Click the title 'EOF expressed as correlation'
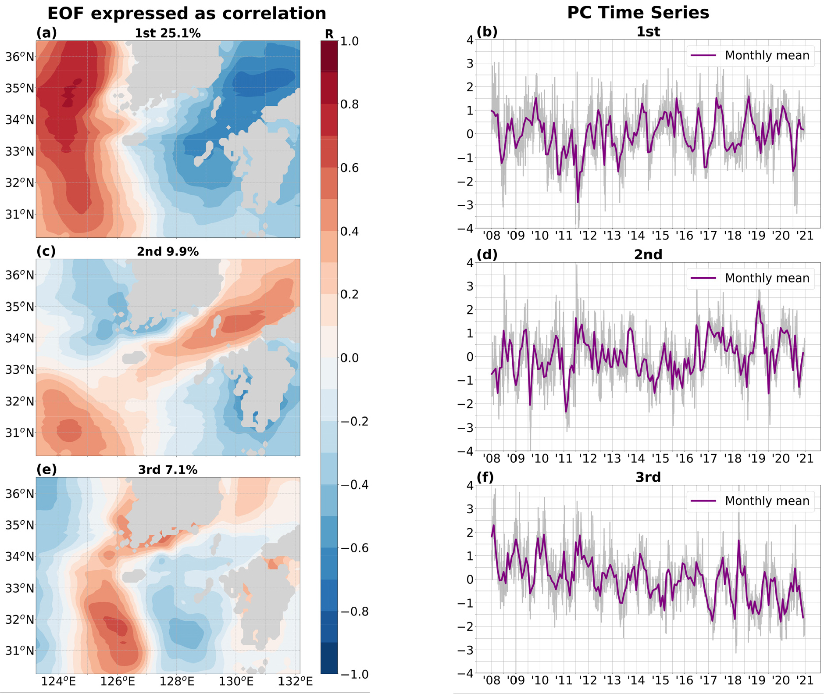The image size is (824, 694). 186,13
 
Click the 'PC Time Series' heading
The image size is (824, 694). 638,12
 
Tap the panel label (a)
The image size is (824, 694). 46,33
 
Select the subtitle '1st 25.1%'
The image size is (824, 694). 168,33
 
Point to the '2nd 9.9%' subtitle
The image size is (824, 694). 168,252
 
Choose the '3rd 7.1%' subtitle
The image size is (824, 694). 168,470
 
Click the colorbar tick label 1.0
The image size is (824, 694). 350,41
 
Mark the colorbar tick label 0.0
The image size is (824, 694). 350,358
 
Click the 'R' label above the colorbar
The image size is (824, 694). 329,34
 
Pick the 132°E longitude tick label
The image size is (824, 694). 295,682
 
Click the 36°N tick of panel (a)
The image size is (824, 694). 20,57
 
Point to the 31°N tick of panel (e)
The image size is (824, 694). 20,651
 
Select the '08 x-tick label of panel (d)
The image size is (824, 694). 492,458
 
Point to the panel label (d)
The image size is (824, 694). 487,254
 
